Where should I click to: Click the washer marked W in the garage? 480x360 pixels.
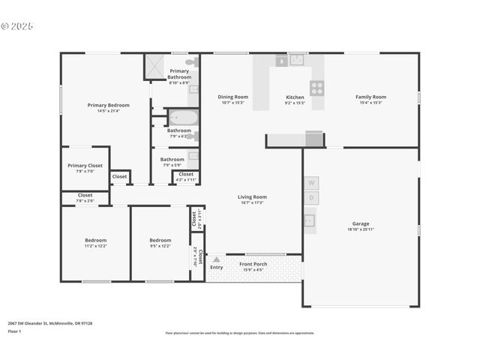310,182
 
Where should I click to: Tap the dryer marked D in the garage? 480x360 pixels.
310,198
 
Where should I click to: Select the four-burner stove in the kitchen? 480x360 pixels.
317,88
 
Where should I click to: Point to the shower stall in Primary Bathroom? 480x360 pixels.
155,67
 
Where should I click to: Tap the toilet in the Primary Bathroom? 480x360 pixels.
190,62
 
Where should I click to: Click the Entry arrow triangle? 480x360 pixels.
217,259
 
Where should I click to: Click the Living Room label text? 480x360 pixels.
253,197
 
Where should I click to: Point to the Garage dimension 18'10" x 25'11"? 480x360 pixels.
361,229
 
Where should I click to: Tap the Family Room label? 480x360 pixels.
370,97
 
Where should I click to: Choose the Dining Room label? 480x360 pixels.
232,97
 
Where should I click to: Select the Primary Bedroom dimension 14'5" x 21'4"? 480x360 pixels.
108,111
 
